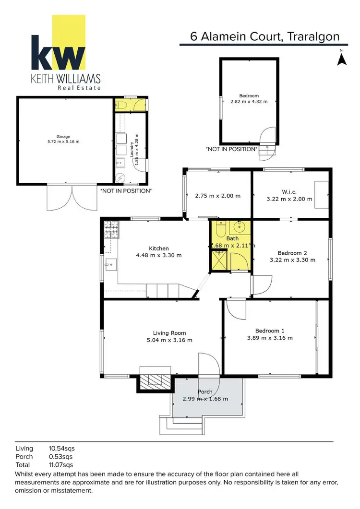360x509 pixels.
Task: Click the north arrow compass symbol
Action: tap(342, 59)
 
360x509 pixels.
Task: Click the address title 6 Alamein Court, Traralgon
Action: tap(264, 36)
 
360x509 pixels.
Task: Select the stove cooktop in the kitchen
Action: tap(111, 230)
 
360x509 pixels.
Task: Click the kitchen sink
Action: tap(111, 264)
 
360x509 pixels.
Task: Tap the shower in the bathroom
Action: tap(219, 262)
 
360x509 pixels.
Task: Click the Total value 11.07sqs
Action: tap(61, 465)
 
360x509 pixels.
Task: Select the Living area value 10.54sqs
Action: tap(61, 448)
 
